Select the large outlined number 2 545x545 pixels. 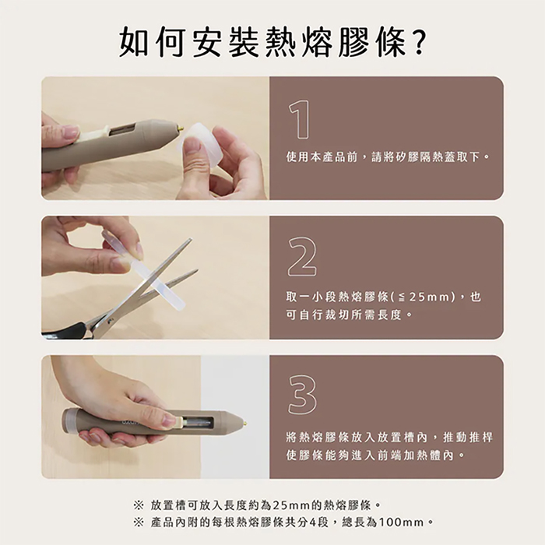(x=301, y=257)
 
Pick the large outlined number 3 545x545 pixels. (x=301, y=395)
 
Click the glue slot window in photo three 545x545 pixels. (x=201, y=423)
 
